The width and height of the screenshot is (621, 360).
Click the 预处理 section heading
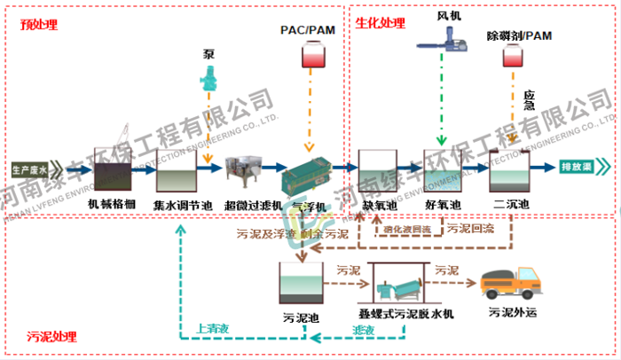(39, 25)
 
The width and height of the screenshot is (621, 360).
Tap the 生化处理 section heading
(381, 23)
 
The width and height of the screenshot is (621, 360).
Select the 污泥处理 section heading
(51, 337)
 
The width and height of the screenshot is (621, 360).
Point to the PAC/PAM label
(309, 31)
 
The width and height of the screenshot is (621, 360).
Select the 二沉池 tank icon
(509, 170)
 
